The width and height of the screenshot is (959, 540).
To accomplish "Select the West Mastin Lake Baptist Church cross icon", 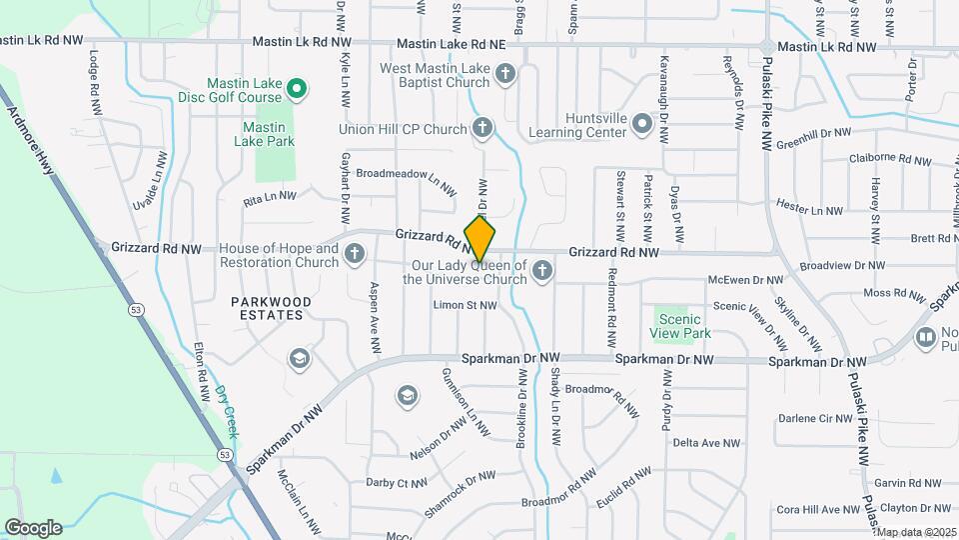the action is coord(505,73).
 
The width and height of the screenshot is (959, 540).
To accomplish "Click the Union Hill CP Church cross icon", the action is coord(482,128).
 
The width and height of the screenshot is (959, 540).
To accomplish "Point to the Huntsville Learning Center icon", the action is coord(640,124).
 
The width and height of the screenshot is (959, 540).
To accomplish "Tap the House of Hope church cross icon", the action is coord(354,255).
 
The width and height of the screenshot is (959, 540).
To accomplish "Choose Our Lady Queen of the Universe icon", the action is coord(541,270).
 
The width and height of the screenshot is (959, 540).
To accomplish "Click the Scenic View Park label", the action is coord(678,325).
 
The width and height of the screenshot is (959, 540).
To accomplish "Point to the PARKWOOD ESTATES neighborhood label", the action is coord(271,308).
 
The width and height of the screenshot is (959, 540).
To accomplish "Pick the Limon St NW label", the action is coord(465,305).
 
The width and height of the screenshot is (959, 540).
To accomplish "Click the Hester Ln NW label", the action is coord(809,211).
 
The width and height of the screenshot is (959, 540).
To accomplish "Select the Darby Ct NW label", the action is coord(398,483).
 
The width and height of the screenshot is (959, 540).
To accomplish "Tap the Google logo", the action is coord(33,527).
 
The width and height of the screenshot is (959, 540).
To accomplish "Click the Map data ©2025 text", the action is coord(916,532).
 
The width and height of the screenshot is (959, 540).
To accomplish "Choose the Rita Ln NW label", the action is coord(270,198).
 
